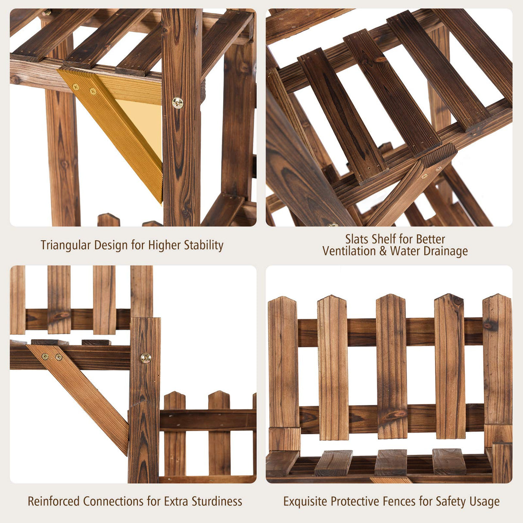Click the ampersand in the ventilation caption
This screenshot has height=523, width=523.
tap(383, 251)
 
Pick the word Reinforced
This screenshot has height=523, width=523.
tap(54, 501)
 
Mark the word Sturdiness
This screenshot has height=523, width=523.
tap(217, 501)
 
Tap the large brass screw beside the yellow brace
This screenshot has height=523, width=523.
tap(177, 103)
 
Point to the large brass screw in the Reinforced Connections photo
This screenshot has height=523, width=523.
tap(146, 358)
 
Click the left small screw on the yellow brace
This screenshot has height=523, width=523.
tap(76, 87)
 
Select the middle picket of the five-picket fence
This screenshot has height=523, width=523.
tap(391, 366)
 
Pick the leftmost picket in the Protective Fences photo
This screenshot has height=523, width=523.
tap(283, 366)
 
